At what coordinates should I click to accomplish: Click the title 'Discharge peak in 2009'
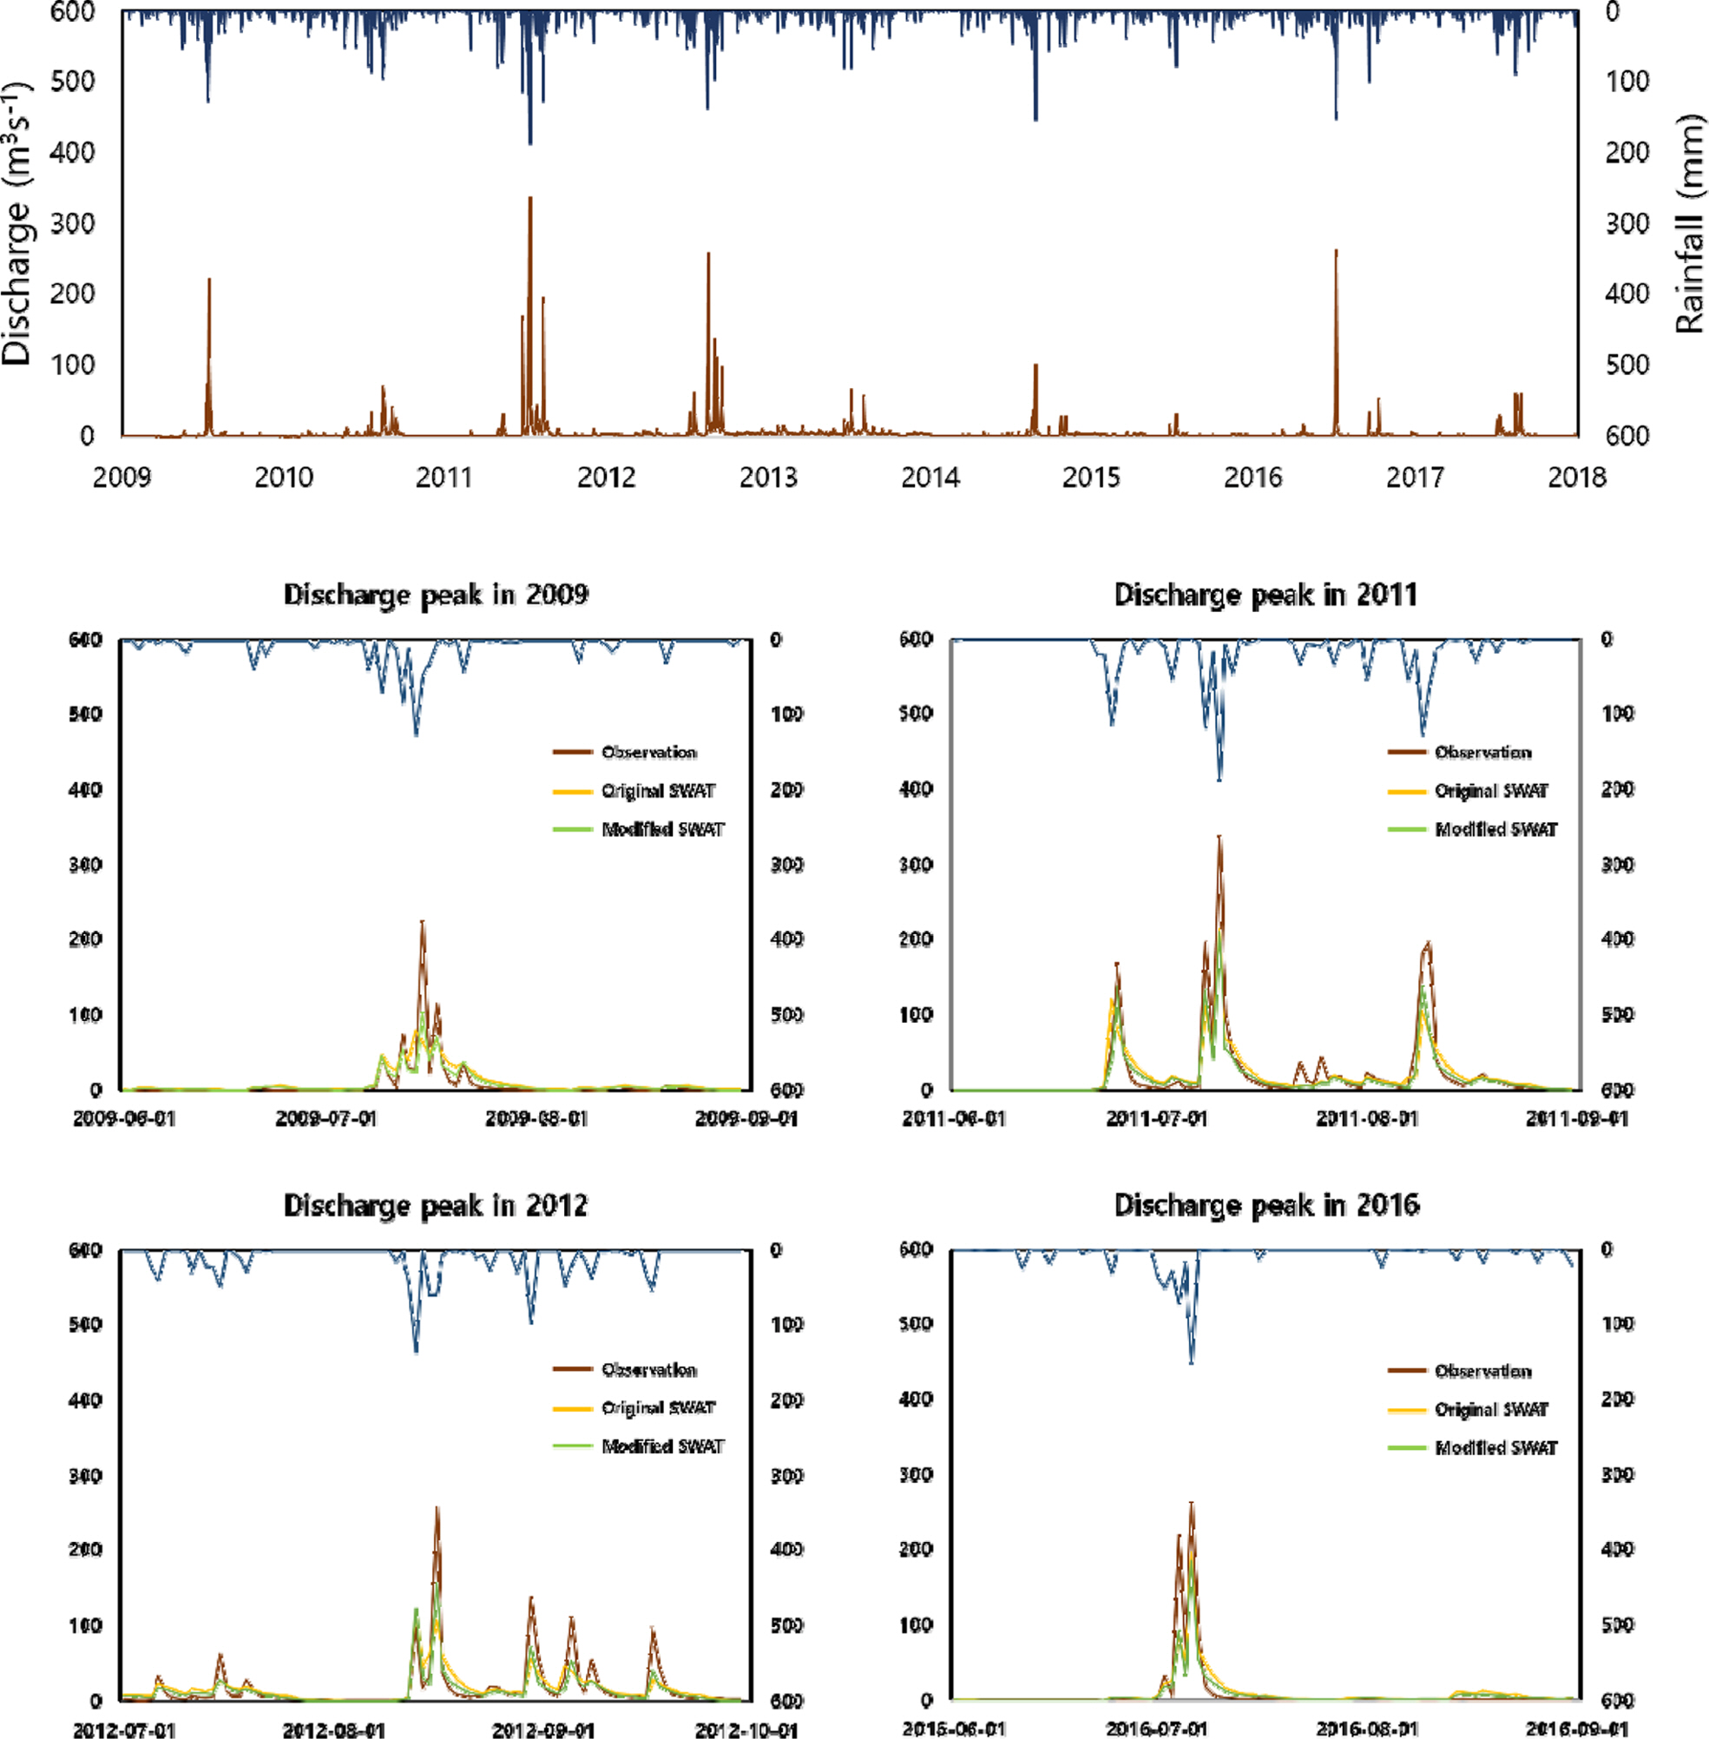[437, 595]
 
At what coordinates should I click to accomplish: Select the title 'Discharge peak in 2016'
[1266, 1205]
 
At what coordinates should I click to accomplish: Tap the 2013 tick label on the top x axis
[768, 477]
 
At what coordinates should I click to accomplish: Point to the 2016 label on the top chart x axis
[1253, 477]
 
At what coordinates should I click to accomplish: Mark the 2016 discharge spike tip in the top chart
[1336, 252]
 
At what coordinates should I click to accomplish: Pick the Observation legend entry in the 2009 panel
[648, 753]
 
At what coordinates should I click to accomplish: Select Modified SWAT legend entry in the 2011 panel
[1495, 828]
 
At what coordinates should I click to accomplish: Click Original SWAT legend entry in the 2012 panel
[658, 1407]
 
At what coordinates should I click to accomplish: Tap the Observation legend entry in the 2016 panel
[1482, 1371]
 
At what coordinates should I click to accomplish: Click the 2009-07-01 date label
[326, 1119]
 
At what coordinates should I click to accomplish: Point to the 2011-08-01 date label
[1367, 1119]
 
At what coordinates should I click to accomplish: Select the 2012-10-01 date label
[746, 1730]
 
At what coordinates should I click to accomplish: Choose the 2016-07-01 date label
[1157, 1729]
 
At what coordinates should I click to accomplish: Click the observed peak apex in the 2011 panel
[1219, 838]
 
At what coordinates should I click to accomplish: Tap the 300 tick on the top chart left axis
[73, 222]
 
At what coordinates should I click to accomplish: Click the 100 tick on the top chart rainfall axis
[1627, 82]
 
